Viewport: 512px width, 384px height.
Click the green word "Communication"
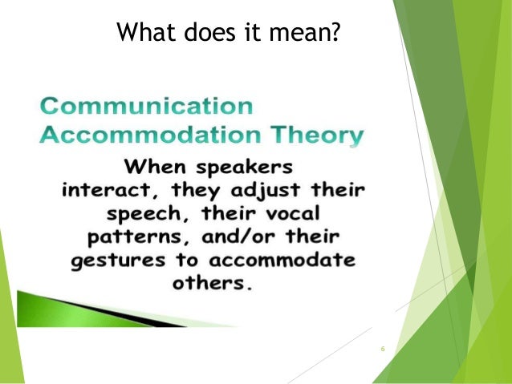coord(147,107)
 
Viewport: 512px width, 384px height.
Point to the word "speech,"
coord(144,217)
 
